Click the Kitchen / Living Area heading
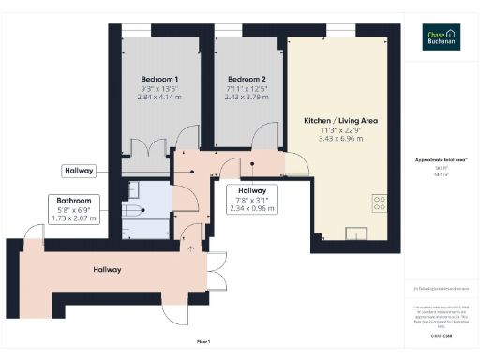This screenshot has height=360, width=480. click(x=340, y=122)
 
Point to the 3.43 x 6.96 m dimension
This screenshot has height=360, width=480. click(x=340, y=139)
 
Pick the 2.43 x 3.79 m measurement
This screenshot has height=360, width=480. click(x=246, y=95)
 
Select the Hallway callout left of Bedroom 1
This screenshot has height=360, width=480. click(x=79, y=171)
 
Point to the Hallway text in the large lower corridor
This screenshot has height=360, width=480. click(x=107, y=270)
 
